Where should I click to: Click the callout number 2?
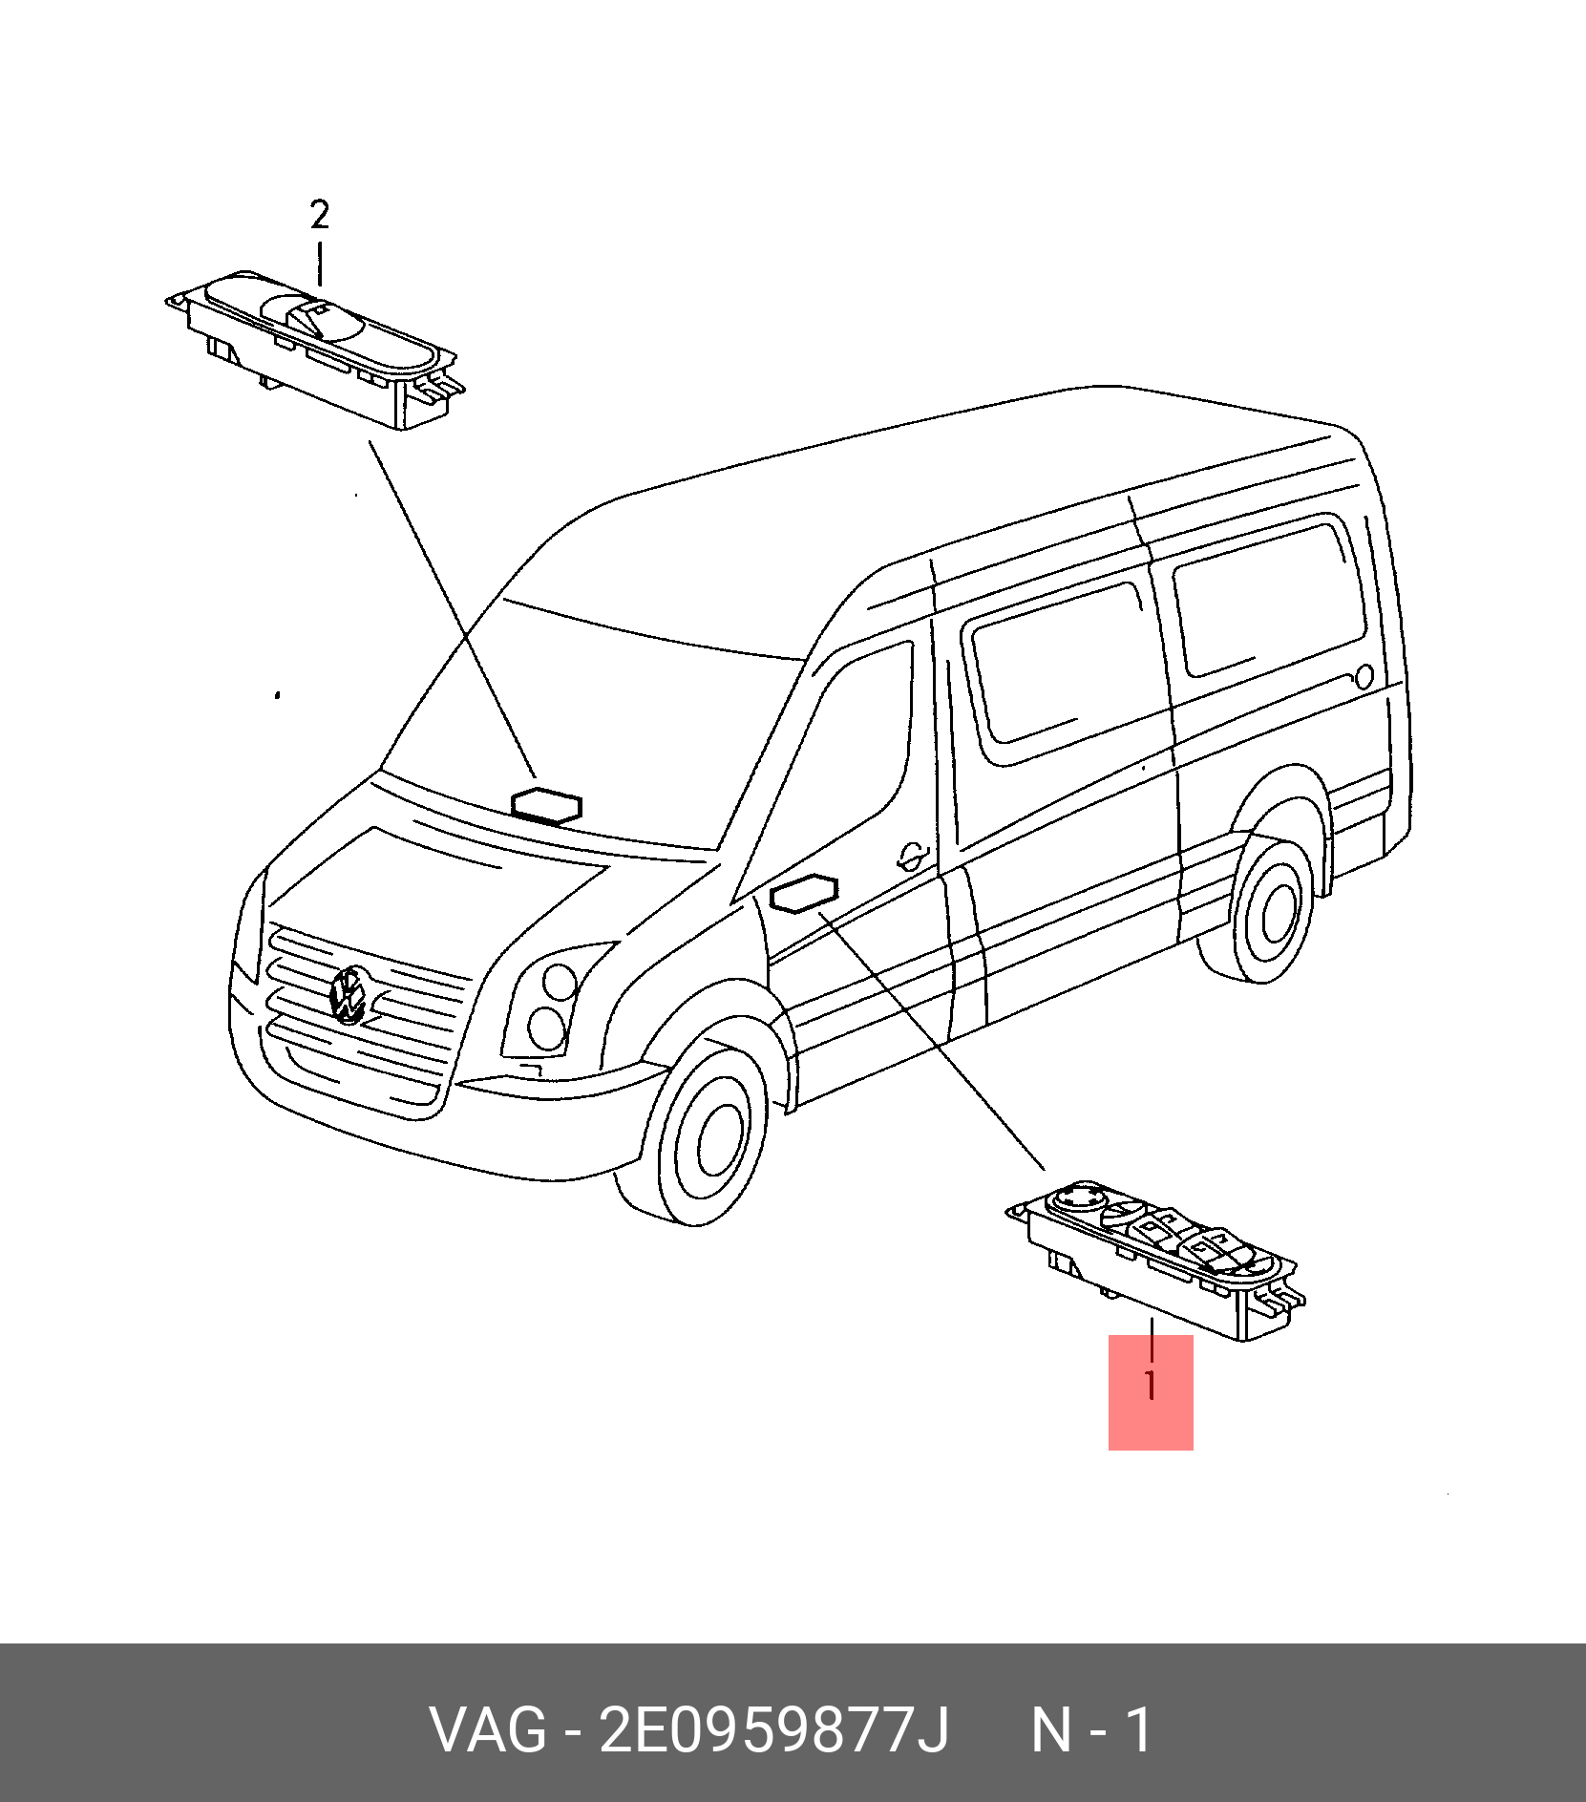(320, 215)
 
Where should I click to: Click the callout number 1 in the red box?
(1152, 1385)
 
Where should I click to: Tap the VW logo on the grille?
(349, 995)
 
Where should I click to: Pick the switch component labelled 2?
(314, 349)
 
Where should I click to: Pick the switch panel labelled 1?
(1156, 1260)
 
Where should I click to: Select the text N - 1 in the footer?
(1092, 1729)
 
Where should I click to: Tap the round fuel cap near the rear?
(1364, 677)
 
